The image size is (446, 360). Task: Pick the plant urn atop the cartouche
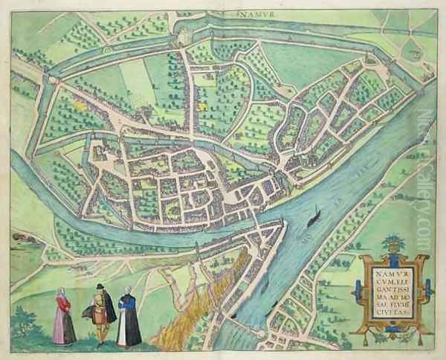(x=391, y=243)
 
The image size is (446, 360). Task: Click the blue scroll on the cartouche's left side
(x=362, y=283)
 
